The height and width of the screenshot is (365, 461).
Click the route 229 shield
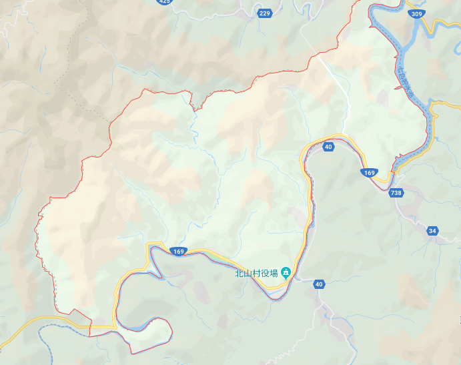point(265,13)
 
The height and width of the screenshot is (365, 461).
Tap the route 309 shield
point(417,13)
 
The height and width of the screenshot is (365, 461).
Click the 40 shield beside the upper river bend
point(328,147)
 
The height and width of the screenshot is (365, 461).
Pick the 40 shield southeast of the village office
point(319,284)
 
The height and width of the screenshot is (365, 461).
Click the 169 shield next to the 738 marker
point(370,173)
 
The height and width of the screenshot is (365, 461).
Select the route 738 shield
point(396,193)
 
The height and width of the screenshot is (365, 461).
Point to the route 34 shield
point(433,231)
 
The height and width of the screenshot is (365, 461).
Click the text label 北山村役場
point(256,272)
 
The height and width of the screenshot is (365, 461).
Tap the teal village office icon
point(286,272)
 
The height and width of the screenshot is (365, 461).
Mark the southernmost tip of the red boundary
point(133,352)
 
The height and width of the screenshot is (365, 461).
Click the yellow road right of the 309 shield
point(444,27)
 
